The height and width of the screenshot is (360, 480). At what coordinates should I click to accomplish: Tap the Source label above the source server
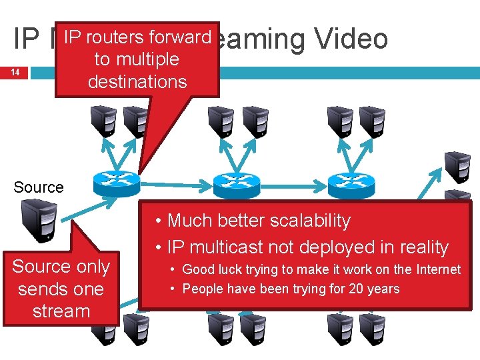[39, 187]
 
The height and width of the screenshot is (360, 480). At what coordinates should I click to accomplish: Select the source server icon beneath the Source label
[38, 220]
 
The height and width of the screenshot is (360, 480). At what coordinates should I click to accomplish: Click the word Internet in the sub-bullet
[436, 269]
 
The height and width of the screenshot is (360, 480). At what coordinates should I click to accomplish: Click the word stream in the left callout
[61, 311]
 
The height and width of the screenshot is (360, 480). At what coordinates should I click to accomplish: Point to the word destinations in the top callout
[137, 82]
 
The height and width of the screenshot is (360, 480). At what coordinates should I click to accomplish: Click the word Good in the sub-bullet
[197, 269]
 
